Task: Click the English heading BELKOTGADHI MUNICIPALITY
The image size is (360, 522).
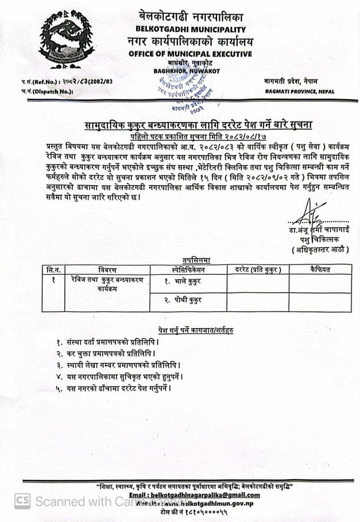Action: [190, 29]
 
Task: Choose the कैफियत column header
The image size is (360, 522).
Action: [320, 270]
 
